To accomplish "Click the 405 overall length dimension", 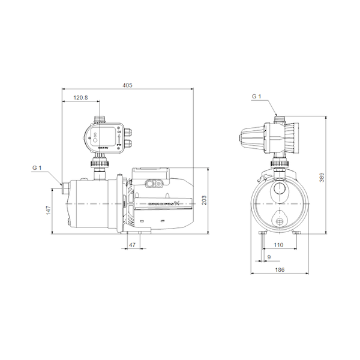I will pos(127,86).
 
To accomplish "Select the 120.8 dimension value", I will pos(80,97).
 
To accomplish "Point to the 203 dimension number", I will pos(204,200).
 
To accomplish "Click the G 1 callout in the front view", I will pos(257,97).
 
